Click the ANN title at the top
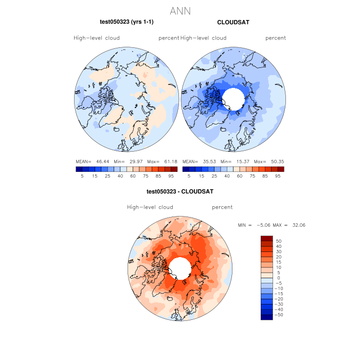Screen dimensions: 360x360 [x=180, y=10]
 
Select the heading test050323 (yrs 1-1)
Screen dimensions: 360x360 [x=127, y=22]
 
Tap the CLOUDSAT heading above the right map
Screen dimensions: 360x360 [x=233, y=22]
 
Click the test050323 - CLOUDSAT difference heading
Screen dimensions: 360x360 [x=180, y=192]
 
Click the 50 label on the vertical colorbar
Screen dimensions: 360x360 [x=279, y=241]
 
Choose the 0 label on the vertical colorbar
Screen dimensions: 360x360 [x=278, y=278]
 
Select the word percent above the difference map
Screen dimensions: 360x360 [x=222, y=207]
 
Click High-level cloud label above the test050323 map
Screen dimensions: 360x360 [x=97, y=38]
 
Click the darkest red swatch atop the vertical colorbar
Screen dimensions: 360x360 [x=267, y=238]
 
